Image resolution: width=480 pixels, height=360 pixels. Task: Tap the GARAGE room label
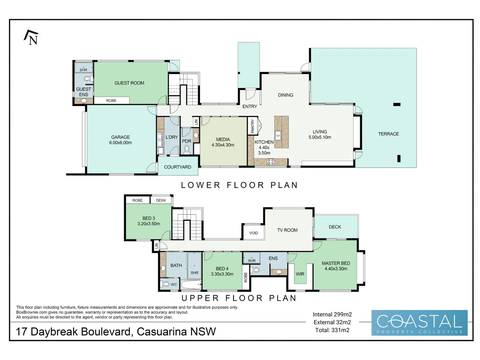tap(120, 137)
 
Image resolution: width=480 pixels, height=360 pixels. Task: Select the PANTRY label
tap(253, 126)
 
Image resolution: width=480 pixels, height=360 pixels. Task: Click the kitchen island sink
tap(278, 135)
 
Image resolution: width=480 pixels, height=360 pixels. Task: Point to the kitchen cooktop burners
tap(271, 162)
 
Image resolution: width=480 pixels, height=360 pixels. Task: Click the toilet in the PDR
tap(187, 150)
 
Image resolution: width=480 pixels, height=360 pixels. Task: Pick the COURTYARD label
tap(178, 167)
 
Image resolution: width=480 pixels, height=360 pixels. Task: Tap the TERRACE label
tap(388, 134)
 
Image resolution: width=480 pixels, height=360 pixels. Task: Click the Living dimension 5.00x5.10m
tap(320, 137)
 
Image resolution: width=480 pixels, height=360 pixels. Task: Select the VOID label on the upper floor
tap(253, 233)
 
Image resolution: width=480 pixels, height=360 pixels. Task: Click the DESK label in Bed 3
tap(161, 200)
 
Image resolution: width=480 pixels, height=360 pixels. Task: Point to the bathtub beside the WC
tap(191, 284)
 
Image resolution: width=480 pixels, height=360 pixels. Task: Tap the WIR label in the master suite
tap(300, 274)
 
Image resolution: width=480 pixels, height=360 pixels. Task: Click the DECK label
tap(335, 227)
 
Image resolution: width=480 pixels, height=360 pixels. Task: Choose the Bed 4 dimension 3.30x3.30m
tap(222, 274)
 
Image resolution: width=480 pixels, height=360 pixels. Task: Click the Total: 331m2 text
tap(332, 330)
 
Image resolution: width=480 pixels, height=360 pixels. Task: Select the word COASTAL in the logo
tap(419, 321)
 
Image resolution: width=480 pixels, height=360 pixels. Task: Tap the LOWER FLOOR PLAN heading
tap(239, 185)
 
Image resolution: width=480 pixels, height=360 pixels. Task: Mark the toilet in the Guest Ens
tap(88, 78)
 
